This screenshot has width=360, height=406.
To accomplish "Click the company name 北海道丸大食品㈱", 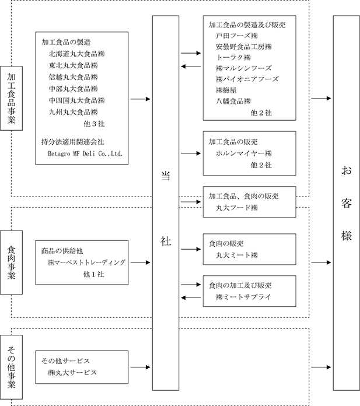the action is pos(76,54).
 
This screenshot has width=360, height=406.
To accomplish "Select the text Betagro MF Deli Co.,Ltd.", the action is pos(85,153).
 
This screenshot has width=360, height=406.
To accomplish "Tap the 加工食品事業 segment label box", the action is pos(12,98).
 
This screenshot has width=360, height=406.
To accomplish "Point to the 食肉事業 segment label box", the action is pos(12,262).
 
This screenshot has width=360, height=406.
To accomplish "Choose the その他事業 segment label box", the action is pos(12,367).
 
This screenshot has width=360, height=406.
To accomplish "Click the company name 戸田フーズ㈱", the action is pos(237,36).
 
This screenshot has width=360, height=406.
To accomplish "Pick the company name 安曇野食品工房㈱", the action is pos(244,47).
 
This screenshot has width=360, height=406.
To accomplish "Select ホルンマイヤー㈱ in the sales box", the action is pos(244,153).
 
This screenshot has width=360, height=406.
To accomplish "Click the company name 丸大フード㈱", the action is pos(237,208).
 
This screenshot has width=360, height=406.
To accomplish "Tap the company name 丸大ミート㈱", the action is pos(237,255).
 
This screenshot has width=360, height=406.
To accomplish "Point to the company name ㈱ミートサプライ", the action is pos(243,297).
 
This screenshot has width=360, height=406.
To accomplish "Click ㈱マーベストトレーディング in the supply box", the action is pos(86,262).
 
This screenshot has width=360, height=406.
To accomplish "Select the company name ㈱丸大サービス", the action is pos(72,373).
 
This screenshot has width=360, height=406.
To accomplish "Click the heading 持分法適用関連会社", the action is pos(72,142).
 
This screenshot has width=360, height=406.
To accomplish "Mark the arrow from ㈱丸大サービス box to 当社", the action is pos(140,367).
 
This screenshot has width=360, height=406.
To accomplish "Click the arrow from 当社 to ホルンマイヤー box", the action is pos(191,153).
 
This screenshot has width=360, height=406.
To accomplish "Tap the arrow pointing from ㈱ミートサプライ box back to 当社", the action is pos(191,297).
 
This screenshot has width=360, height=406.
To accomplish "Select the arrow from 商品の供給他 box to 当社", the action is pos(140,262).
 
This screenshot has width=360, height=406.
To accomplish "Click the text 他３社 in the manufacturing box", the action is pos(94,124).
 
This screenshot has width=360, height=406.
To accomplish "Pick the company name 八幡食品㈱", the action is pos(233,101).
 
